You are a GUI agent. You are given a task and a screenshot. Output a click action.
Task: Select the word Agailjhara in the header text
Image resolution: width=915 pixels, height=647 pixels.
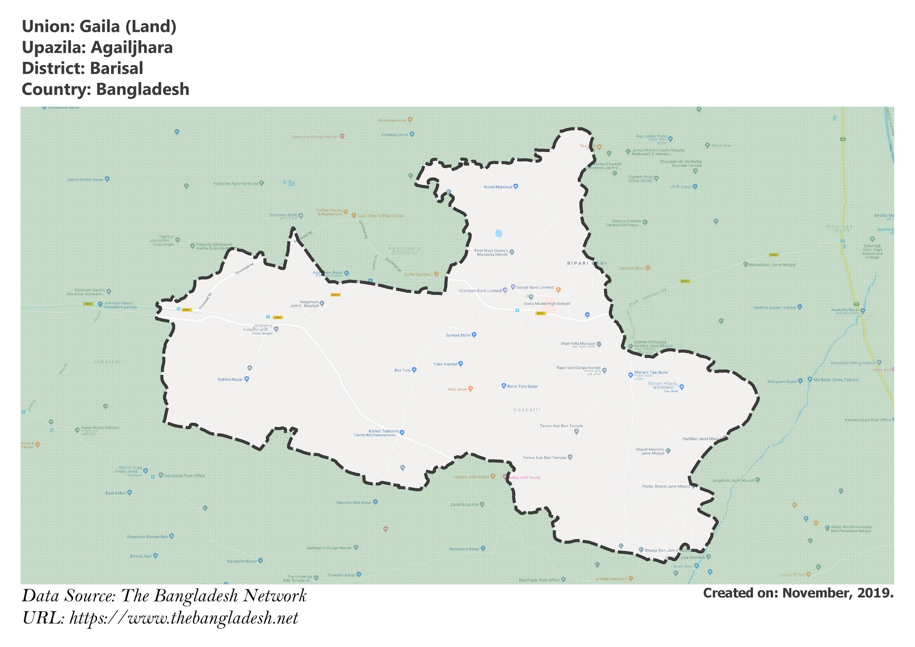[x=132, y=47]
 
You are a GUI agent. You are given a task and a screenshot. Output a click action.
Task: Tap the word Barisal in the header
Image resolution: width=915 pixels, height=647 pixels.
[x=116, y=68]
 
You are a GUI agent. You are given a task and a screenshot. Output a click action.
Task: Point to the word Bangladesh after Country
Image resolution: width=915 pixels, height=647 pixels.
[x=143, y=89]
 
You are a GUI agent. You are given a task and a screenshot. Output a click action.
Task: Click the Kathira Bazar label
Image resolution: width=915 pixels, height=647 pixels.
[x=231, y=379]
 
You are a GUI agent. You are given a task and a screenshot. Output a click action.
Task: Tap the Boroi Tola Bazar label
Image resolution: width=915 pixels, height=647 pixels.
[x=522, y=386]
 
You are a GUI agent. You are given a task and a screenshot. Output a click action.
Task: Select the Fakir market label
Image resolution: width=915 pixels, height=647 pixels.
[x=445, y=364]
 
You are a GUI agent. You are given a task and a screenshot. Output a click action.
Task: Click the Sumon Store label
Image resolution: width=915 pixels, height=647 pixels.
[x=458, y=335]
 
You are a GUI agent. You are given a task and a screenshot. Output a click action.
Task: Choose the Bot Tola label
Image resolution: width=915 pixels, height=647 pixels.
[x=403, y=370]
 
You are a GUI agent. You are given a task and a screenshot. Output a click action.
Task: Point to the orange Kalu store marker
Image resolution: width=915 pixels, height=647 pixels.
[x=470, y=389]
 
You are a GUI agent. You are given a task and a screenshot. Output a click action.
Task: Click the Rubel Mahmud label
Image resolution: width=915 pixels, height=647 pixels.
[x=498, y=187]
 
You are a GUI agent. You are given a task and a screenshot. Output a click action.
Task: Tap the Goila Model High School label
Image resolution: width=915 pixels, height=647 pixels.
[x=547, y=304]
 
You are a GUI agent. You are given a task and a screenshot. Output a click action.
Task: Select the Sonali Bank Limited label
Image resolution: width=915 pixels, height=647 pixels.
[x=535, y=287]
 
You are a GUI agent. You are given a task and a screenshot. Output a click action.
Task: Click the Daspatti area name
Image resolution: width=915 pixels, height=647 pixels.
[x=527, y=409]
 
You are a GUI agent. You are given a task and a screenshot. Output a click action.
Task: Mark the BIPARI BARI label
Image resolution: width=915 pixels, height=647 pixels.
[x=587, y=264]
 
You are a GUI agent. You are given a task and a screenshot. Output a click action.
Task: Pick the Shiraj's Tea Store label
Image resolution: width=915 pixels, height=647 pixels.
[x=651, y=372]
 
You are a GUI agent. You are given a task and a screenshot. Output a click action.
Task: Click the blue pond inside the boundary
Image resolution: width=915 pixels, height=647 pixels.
[x=499, y=233]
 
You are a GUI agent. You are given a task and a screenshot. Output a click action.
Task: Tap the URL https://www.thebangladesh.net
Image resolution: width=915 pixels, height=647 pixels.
[x=184, y=618]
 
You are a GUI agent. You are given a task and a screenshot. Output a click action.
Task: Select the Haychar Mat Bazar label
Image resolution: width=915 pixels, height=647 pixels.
[x=354, y=502]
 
